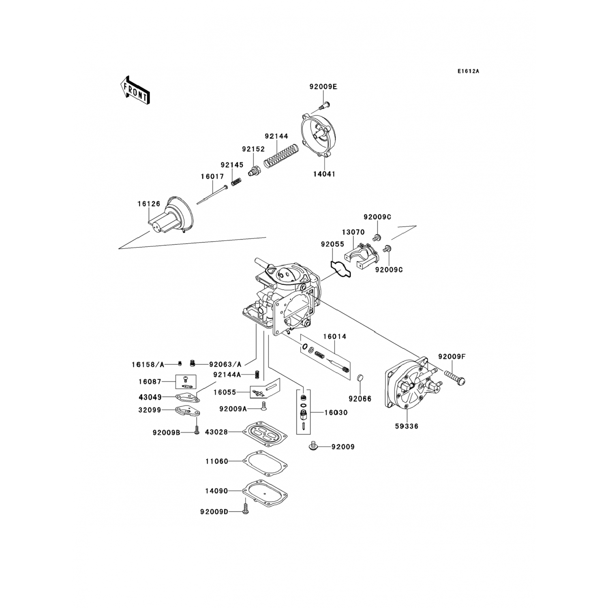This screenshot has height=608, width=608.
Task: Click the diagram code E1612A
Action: (x=468, y=71)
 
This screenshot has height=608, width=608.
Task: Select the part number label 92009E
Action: (x=323, y=86)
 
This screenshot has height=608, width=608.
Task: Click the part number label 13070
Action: (x=353, y=232)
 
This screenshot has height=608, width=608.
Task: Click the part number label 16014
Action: (x=334, y=336)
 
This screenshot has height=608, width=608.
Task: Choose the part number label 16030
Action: (x=336, y=413)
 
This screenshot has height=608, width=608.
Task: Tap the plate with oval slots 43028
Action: (x=265, y=432)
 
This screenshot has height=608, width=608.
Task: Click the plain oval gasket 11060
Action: (x=265, y=462)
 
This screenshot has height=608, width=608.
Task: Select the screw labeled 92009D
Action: (x=245, y=509)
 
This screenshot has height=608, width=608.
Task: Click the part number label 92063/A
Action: (x=225, y=364)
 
